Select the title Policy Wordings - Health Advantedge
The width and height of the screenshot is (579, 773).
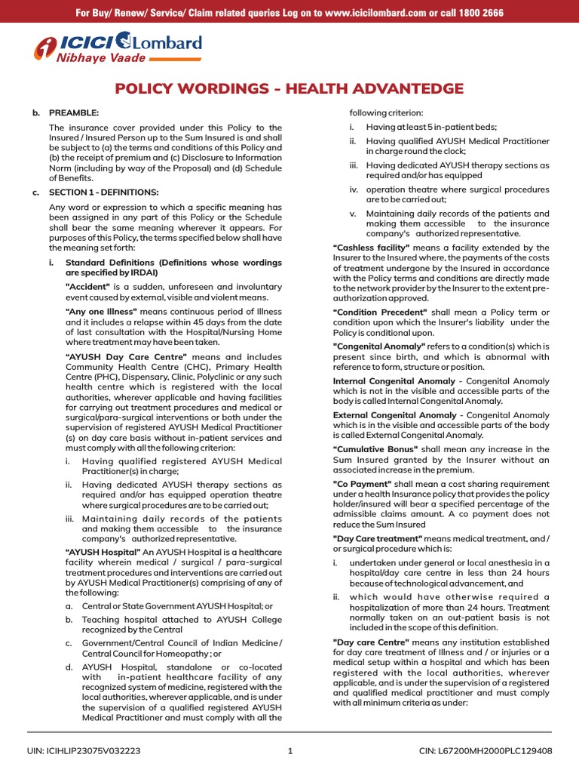click(x=289, y=89)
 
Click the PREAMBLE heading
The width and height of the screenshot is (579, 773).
click(x=74, y=112)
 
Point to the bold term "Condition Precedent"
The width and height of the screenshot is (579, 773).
click(x=380, y=313)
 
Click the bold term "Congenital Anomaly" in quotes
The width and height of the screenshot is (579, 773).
click(x=381, y=346)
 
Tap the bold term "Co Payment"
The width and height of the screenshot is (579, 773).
click(x=362, y=483)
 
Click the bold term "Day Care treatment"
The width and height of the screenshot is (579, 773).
click(x=378, y=538)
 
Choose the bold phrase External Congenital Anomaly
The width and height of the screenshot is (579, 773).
click(x=394, y=415)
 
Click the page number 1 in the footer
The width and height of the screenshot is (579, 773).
click(x=289, y=751)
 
